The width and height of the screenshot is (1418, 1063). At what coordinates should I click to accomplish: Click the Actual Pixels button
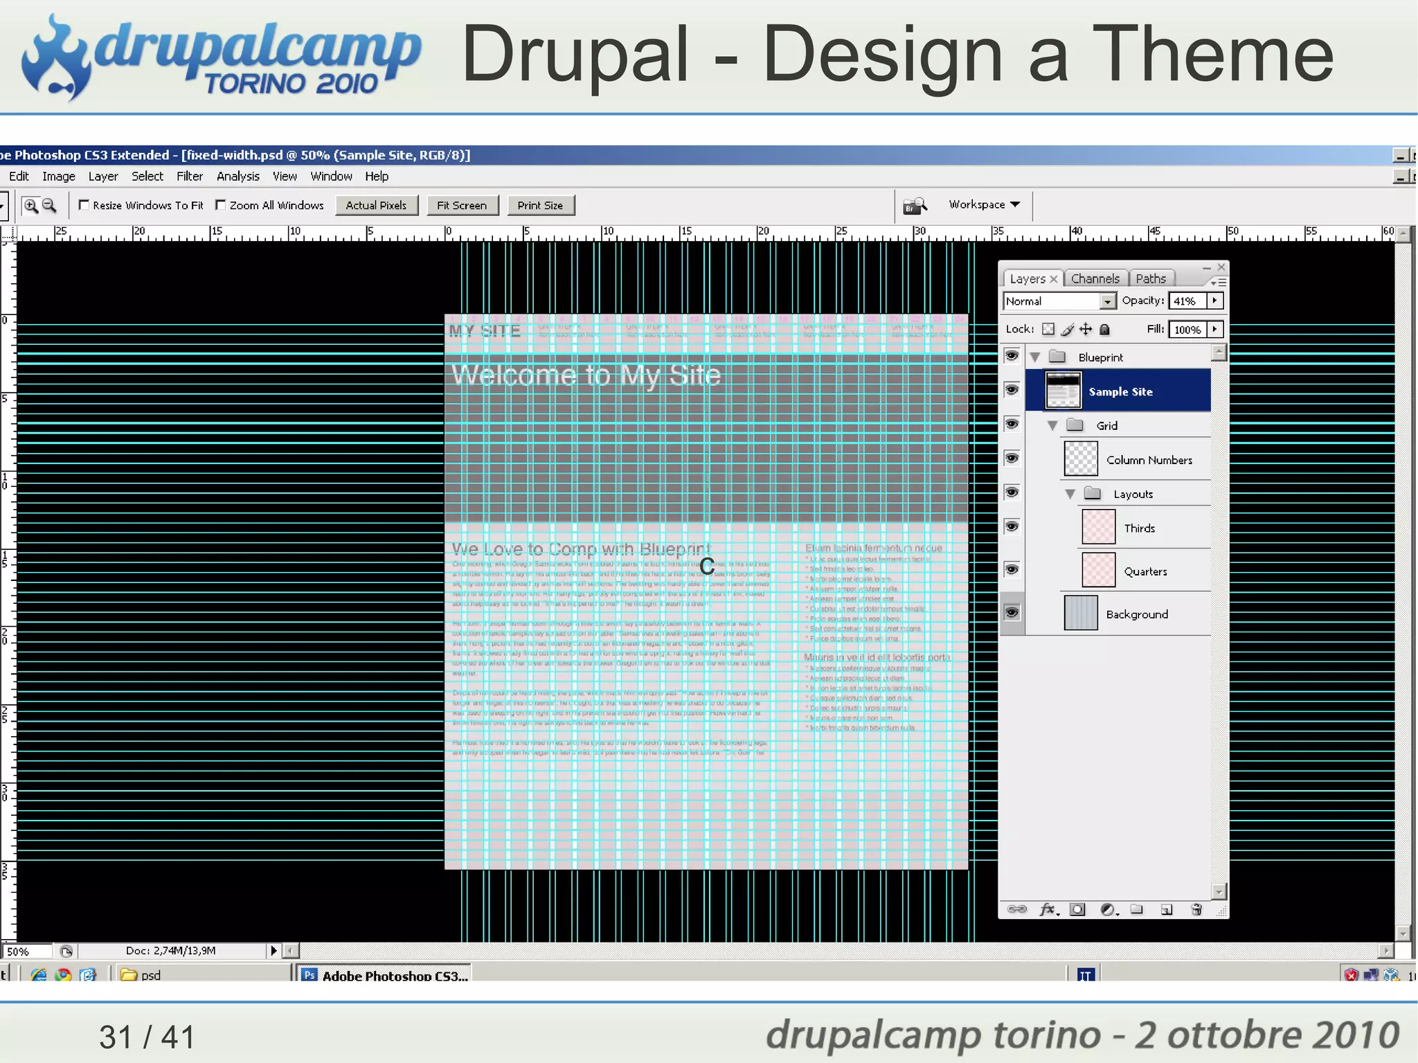pos(376,206)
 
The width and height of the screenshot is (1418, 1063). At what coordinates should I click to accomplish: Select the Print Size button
pos(540,206)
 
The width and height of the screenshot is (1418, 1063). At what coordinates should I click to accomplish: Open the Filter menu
pos(189,177)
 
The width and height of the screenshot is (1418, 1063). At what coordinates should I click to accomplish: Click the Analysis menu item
pos(237,177)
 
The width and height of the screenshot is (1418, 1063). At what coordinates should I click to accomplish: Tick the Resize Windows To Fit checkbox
pos(84,205)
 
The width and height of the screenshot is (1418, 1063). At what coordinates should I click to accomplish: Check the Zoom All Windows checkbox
pos(221,205)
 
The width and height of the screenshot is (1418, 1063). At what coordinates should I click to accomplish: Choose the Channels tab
pos(1095,278)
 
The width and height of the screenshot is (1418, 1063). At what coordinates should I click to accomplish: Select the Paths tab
pos(1150,278)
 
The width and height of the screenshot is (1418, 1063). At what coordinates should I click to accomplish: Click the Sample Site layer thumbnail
pos(1063,391)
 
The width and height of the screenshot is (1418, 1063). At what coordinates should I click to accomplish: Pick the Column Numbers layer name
pos(1149,460)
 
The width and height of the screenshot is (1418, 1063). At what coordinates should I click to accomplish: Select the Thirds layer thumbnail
pos(1098,528)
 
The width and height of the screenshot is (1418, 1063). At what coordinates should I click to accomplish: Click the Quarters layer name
pos(1145,571)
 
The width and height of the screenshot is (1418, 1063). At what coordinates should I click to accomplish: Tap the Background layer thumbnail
pos(1080,614)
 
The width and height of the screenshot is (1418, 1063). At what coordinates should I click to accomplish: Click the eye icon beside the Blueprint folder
pos(1012,356)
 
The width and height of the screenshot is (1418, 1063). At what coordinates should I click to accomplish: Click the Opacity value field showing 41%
pos(1187,301)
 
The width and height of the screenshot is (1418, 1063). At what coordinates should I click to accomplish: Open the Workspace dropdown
pos(984,204)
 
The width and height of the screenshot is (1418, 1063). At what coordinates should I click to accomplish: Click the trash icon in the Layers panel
pos(1196,909)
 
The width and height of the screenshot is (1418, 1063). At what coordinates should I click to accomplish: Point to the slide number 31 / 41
pos(147,1037)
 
